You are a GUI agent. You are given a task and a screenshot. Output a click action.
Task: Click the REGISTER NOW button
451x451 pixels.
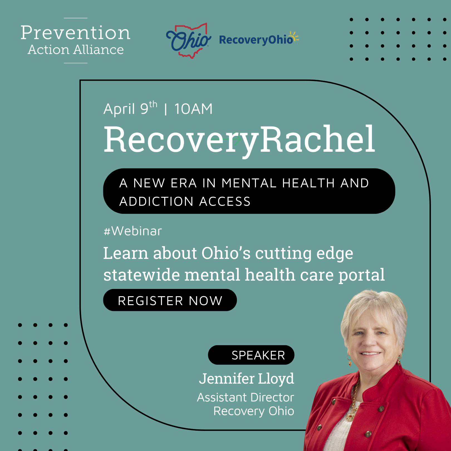point(170,300)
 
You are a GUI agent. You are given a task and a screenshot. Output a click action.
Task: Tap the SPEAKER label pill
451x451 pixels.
point(251,355)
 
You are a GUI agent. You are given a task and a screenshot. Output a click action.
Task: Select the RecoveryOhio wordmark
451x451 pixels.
point(256,40)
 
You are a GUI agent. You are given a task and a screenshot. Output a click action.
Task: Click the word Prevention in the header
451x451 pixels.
point(75,33)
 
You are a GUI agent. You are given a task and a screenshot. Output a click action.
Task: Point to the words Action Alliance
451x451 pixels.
point(75,50)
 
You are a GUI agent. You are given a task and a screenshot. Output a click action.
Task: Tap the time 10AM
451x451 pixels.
point(193,109)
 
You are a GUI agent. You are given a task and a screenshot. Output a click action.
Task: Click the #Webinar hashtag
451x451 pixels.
point(133,231)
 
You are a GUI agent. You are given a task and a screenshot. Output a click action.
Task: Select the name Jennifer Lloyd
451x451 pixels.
point(246,379)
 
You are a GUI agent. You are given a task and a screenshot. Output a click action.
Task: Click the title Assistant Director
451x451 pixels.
point(245,397)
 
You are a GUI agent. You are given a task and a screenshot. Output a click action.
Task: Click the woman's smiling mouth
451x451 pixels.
point(370,354)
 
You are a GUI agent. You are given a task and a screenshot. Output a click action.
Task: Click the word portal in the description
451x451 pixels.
point(361,275)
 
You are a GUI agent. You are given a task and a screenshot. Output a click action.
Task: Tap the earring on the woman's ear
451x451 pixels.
point(350,362)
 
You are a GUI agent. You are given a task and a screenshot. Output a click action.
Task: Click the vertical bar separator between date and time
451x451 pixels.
point(166,109)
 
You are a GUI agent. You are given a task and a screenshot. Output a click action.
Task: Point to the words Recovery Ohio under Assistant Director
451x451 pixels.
point(254,411)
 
